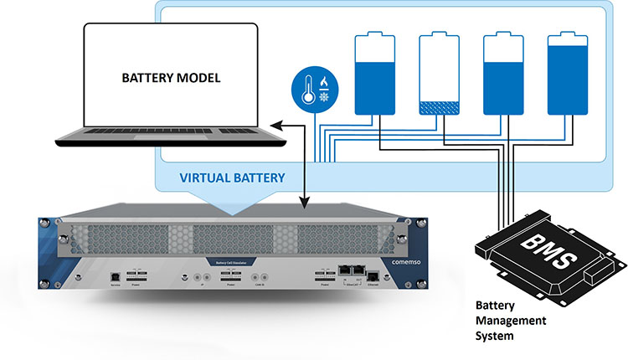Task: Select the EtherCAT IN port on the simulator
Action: pyautogui.click(x=343, y=271)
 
